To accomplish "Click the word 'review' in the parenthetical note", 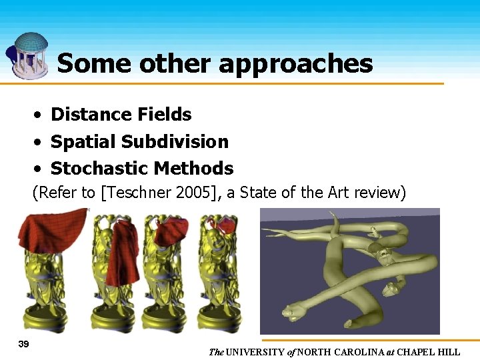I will (x=381, y=193).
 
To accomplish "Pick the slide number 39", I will (x=24, y=343).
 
